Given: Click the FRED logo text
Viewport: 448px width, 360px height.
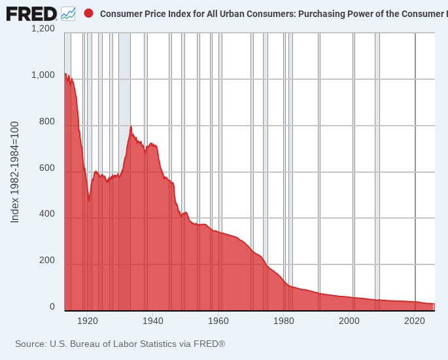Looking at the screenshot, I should pyautogui.click(x=31, y=13).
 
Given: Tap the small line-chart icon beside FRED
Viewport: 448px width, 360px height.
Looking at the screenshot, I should pyautogui.click(x=68, y=13).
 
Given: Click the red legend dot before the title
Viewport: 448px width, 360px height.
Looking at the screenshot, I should pyautogui.click(x=89, y=13).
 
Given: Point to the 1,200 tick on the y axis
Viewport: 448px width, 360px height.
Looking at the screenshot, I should pyautogui.click(x=43, y=29).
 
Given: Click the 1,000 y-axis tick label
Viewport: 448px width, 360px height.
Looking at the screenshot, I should pyautogui.click(x=43, y=75).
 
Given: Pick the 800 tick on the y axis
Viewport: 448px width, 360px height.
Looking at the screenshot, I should pyautogui.click(x=47, y=122).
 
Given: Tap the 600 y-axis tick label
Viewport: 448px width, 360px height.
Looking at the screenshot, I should pyautogui.click(x=47, y=168).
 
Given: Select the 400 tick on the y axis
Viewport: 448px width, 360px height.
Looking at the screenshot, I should pyautogui.click(x=47, y=214).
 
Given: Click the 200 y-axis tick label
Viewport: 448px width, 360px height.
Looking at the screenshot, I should pyautogui.click(x=47, y=261).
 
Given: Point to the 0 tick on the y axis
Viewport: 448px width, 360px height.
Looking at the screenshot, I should pyautogui.click(x=52, y=306).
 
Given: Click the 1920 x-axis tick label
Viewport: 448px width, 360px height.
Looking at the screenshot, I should pyautogui.click(x=87, y=321).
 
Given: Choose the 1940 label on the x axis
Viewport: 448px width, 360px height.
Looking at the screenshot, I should pyautogui.click(x=152, y=321).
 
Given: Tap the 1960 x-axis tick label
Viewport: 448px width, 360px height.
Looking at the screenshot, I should pyautogui.click(x=218, y=321).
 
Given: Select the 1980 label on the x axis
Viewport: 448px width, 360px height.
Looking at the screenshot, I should pyautogui.click(x=284, y=321).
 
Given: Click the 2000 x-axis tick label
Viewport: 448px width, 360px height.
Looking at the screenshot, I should pyautogui.click(x=349, y=321).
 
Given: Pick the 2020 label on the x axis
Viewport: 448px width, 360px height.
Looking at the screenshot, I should pyautogui.click(x=415, y=321).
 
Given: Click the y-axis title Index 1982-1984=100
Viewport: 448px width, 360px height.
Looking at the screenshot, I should pyautogui.click(x=15, y=171).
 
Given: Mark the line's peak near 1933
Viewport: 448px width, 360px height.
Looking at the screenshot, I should pyautogui.click(x=131, y=126).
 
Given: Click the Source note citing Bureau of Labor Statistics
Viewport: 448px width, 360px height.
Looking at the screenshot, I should pyautogui.click(x=120, y=344).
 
